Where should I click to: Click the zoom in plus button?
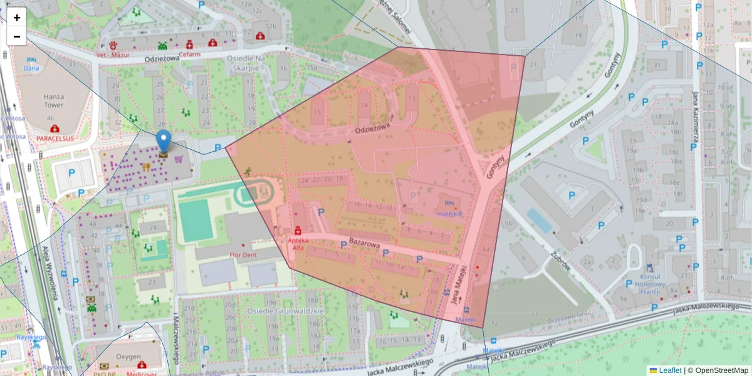[x=17, y=18]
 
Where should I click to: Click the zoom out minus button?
[x=17, y=36]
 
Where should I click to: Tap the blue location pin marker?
[x=163, y=142]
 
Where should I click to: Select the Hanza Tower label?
[x=55, y=102]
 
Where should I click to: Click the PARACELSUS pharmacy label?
[x=55, y=137]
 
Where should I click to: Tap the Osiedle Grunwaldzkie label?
[x=286, y=310]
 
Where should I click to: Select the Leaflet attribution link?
[x=669, y=370]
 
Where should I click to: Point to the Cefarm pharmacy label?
[x=189, y=55]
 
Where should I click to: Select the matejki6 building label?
[x=449, y=213]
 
